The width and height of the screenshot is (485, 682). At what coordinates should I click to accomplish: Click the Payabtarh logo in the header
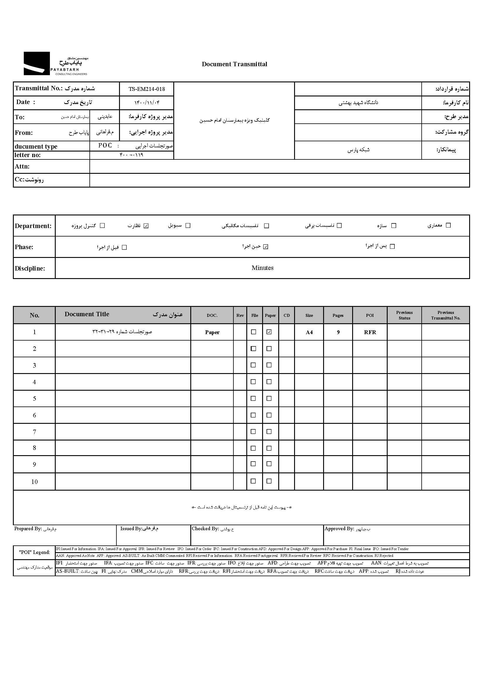click(x=55, y=64)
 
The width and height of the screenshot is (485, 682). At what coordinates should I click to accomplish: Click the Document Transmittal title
click(x=235, y=64)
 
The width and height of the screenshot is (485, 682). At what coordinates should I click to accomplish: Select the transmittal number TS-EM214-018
click(x=147, y=89)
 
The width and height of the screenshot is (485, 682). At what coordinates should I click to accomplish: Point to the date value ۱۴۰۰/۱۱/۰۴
click(x=147, y=103)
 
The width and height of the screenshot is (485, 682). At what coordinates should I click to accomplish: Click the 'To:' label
click(x=20, y=117)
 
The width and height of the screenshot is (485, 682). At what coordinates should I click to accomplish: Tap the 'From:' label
click(x=23, y=132)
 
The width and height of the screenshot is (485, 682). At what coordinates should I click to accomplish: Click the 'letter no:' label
click(x=28, y=155)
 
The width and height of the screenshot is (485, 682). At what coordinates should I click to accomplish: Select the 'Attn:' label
click(x=22, y=166)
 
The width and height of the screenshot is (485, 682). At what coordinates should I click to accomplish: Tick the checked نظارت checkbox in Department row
click(x=146, y=226)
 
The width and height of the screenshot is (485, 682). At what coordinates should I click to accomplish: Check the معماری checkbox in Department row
click(x=448, y=225)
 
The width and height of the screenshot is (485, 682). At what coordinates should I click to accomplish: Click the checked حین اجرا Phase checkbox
click(x=266, y=247)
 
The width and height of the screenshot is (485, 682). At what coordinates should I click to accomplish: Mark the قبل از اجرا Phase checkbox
click(x=125, y=247)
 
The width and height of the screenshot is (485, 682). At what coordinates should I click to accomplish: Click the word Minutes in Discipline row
click(x=262, y=268)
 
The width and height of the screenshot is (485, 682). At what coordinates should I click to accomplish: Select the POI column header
click(x=370, y=315)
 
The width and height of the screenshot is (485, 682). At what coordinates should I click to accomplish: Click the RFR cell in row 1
click(x=370, y=332)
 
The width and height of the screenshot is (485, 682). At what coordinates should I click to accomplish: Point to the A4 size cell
click(x=309, y=332)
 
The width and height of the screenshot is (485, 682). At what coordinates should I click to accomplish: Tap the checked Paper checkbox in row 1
click(x=269, y=332)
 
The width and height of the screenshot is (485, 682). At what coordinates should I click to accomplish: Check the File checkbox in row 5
click(x=253, y=399)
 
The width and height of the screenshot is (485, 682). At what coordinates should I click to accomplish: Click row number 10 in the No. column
click(x=34, y=482)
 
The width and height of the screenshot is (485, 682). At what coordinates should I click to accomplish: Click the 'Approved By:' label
click(x=339, y=529)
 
